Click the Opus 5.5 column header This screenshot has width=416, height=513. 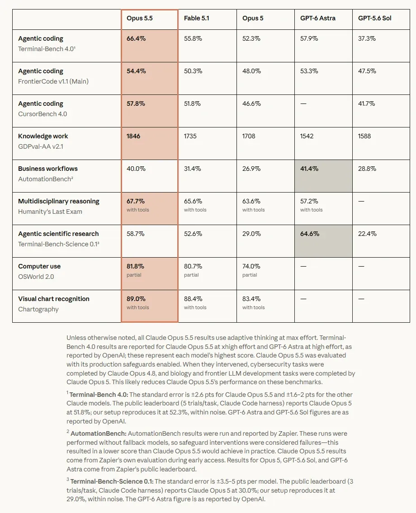coord(139,19)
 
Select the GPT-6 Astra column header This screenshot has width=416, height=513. coord(318,19)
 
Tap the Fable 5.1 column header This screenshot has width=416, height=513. coord(196,19)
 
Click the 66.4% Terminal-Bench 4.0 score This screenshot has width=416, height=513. coord(136,38)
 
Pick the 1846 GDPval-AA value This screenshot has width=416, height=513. coord(133,136)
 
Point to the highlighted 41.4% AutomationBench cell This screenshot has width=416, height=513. coord(309,169)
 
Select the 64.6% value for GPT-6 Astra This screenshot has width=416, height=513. coord(310,234)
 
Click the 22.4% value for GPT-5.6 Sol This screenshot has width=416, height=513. coord(367,234)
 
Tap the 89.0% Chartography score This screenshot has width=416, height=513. coord(136,299)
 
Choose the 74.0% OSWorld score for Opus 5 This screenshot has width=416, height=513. coord(251,266)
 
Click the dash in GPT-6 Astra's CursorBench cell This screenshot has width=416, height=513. coord(303,104)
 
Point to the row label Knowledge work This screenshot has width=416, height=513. coord(43,136)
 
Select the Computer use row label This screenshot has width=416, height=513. coord(39,266)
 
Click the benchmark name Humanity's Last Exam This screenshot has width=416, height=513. coord(50,212)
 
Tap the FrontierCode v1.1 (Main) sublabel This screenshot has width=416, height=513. coord(53,81)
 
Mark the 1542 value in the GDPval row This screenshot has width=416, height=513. coord(307,136)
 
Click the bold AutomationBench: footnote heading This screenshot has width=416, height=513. coord(99,433)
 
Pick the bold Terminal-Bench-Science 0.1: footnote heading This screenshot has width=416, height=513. coord(112,482)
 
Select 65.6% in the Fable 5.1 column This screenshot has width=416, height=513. coord(193,201)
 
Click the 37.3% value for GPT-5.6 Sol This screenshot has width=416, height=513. coord(367,38)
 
